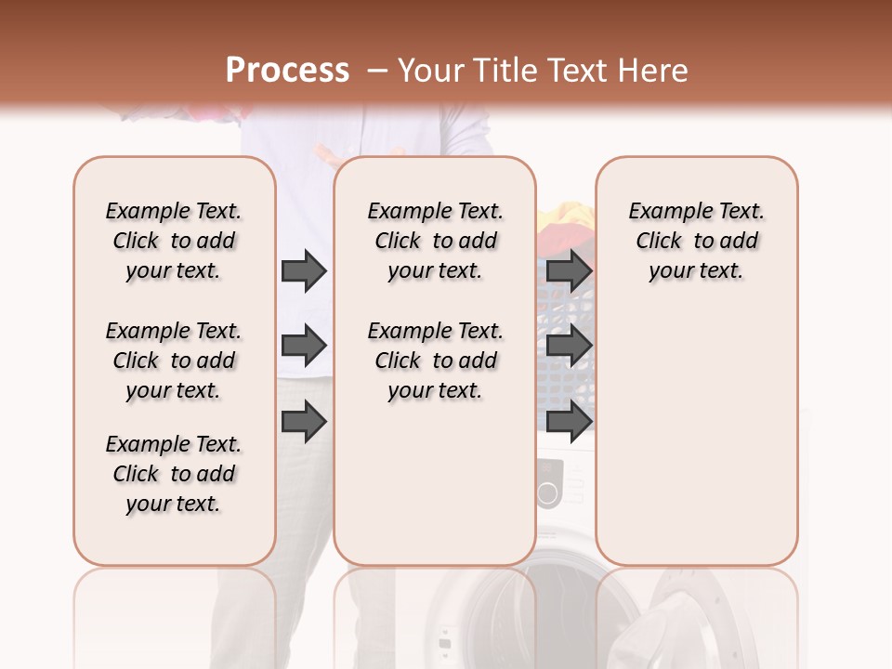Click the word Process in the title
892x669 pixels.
tap(287, 71)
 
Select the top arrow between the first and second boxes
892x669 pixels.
tap(304, 270)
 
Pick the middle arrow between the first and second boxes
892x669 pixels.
tap(304, 346)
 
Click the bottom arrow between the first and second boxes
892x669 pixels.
tap(304, 421)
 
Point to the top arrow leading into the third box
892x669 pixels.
tap(569, 270)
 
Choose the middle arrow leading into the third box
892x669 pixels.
tap(569, 346)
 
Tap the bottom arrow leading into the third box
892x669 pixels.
tap(569, 421)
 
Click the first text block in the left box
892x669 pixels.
tap(174, 241)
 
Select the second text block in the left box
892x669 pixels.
tap(174, 361)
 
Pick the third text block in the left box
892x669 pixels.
tap(174, 474)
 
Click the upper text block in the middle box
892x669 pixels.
tap(435, 241)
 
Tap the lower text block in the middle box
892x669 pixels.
tap(435, 361)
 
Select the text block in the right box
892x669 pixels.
tap(696, 241)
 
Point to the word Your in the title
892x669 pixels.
tap(431, 71)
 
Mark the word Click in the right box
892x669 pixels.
tap(659, 242)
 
